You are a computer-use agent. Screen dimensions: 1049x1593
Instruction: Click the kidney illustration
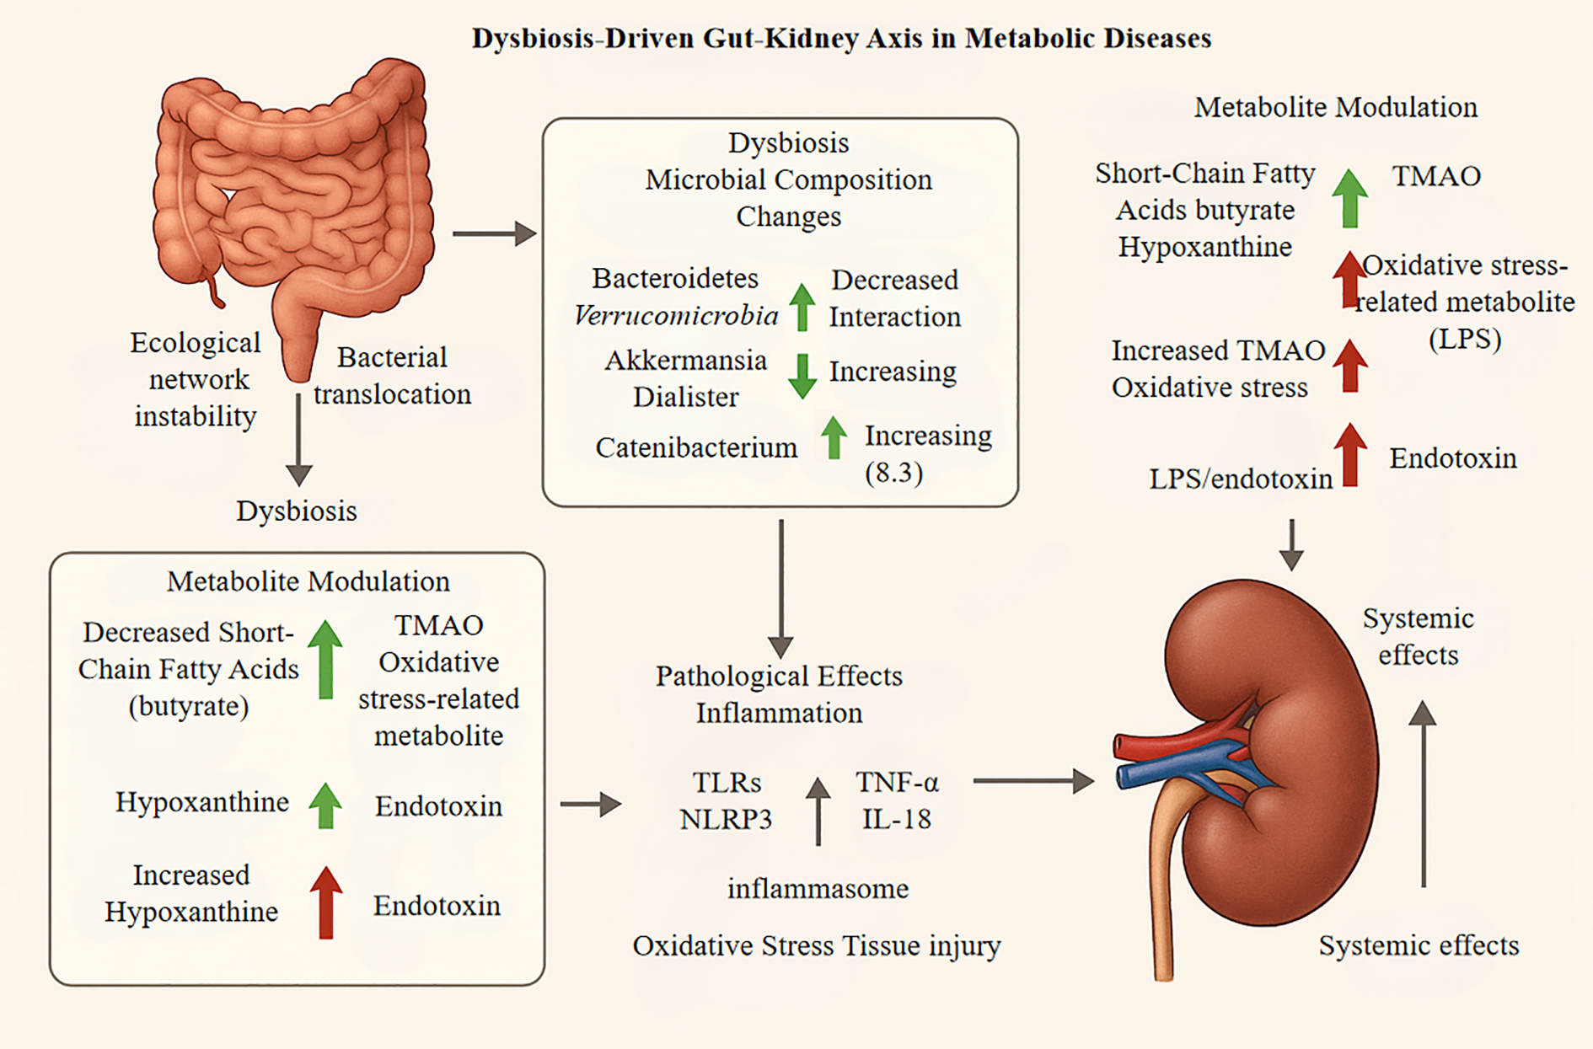coord(1264,758)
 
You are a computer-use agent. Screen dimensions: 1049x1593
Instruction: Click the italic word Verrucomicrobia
coord(676,316)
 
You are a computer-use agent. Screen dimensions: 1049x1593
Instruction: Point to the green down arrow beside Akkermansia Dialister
coord(802,376)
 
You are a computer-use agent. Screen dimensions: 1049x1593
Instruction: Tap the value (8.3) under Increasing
coord(893,473)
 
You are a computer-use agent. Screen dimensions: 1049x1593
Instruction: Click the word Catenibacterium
coord(696,447)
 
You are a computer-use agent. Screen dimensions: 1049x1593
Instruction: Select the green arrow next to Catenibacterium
coord(834,437)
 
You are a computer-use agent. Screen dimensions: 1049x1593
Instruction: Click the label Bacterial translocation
coord(393,376)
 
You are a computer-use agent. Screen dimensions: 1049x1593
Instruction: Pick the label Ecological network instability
coord(196,379)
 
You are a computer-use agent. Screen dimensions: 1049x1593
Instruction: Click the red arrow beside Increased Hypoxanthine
coord(325,902)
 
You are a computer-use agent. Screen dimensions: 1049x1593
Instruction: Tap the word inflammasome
coord(818,889)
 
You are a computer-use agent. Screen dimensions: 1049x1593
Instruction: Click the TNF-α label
coord(897,783)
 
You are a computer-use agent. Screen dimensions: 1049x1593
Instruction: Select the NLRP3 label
coord(726,820)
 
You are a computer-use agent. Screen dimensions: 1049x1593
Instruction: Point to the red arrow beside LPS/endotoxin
coord(1350,454)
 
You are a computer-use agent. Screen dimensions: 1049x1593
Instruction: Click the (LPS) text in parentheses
coord(1465,339)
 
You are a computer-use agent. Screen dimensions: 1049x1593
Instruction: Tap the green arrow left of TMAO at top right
coord(1349,198)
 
